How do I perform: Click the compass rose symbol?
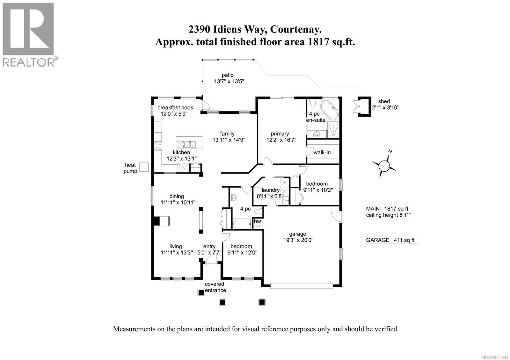(x=384, y=165)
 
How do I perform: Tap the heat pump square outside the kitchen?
(x=144, y=167)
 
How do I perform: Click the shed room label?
(x=384, y=101)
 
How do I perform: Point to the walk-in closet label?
(x=322, y=153)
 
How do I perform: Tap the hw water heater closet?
(x=258, y=221)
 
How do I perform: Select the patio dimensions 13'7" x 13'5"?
(x=229, y=81)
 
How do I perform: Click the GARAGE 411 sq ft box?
(x=391, y=240)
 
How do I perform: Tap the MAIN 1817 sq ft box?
(x=389, y=209)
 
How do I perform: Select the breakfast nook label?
(x=175, y=107)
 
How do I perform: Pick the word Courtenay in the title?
(x=295, y=30)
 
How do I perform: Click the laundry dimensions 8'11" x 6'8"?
(x=270, y=196)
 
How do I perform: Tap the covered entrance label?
(x=215, y=287)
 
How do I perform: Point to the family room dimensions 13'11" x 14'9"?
(x=229, y=140)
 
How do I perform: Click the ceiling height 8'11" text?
(x=389, y=215)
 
